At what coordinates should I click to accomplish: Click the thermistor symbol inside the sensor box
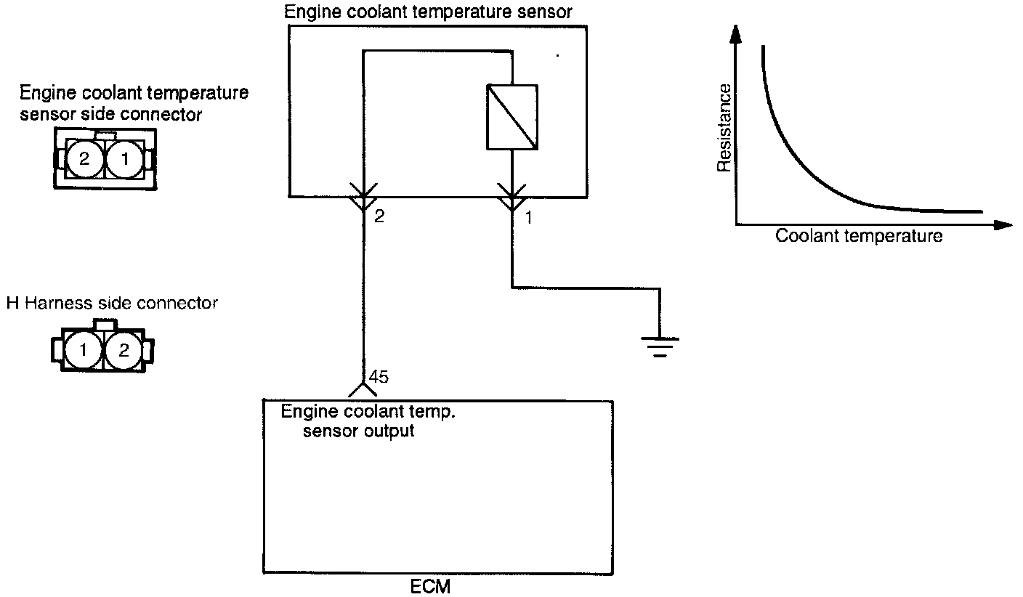point(512,118)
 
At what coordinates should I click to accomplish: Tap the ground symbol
point(659,345)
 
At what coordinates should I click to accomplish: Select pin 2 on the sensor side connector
point(84,159)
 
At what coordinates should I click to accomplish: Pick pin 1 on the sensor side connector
point(125,159)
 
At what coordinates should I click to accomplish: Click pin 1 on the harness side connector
point(84,351)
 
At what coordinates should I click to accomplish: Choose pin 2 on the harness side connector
point(124,351)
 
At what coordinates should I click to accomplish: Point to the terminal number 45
point(379,377)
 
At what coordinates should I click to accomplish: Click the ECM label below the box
point(431,586)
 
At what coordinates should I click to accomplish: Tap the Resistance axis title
point(724,128)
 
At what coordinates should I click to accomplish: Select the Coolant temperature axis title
point(859,236)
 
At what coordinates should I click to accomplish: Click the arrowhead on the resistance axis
point(737,33)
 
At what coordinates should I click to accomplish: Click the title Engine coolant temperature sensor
point(429,12)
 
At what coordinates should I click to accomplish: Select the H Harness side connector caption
point(112,303)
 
